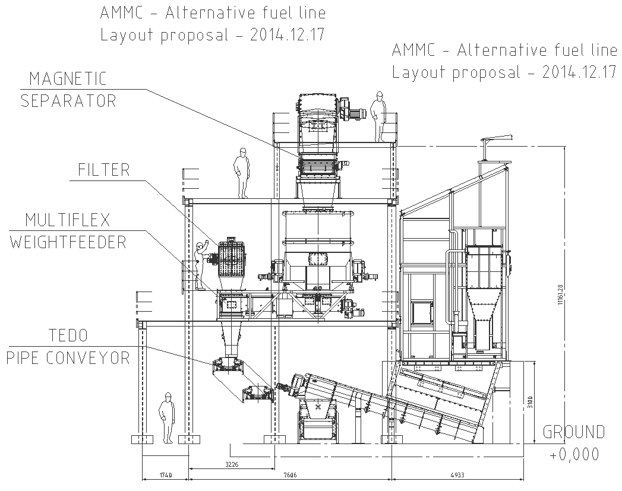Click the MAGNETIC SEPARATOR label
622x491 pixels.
[68, 89]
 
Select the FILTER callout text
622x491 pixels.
[103, 170]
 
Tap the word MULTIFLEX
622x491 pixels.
[67, 220]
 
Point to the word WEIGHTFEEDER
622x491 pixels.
[68, 242]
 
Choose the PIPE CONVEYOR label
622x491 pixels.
[68, 358]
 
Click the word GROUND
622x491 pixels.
[573, 432]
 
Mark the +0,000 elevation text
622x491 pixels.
[574, 455]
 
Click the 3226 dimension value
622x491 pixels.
[232, 464]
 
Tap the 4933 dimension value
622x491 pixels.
[457, 476]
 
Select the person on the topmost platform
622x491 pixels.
[378, 116]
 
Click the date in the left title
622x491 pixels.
[285, 34]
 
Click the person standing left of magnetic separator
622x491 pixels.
[242, 173]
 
